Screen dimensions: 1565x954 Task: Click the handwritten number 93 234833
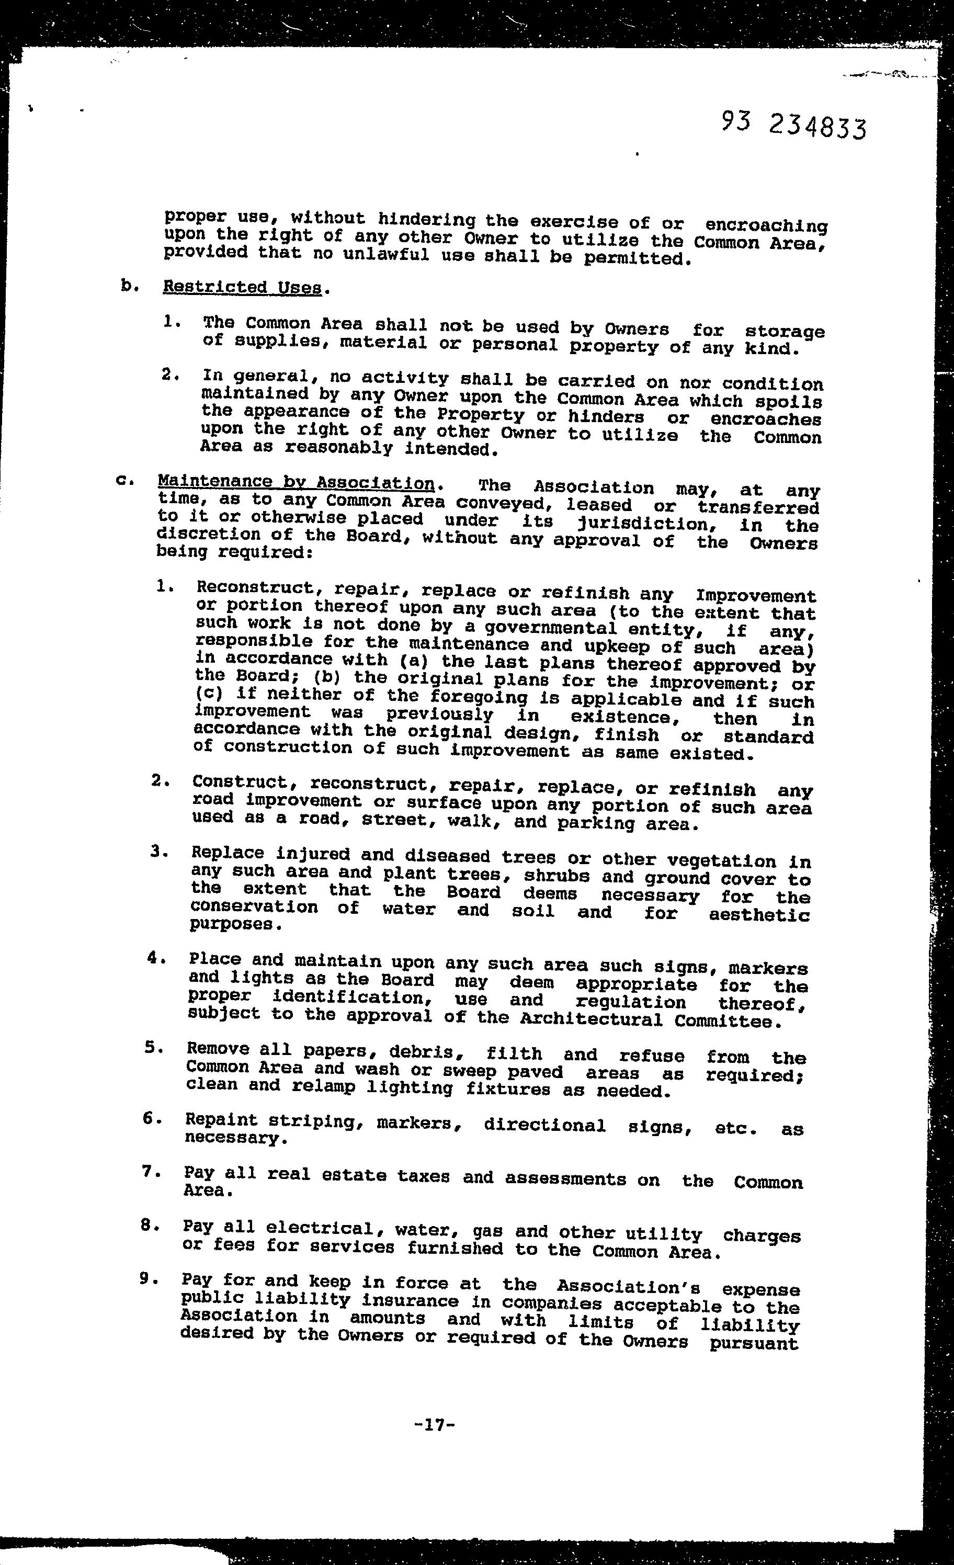pyautogui.click(x=793, y=125)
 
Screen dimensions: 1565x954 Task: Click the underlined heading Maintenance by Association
pyautogui.click(x=296, y=483)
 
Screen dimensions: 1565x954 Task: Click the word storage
pyautogui.click(x=785, y=332)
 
